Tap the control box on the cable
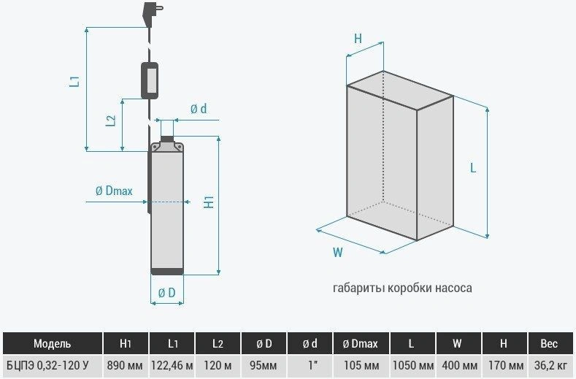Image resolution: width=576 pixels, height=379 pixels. (150, 81)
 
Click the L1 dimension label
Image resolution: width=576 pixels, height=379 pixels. (75, 81)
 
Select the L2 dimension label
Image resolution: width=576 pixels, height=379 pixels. (111, 120)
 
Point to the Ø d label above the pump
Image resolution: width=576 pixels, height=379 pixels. (199, 109)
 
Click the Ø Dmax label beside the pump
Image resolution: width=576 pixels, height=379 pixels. (114, 191)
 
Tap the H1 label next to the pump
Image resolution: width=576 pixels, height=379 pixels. (209, 202)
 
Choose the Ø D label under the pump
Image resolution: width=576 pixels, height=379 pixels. (166, 293)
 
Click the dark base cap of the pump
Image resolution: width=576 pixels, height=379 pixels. (167, 272)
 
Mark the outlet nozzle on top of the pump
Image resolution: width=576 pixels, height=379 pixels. (167, 139)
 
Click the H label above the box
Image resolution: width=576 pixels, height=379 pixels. (358, 38)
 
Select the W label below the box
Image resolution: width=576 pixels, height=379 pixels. (337, 253)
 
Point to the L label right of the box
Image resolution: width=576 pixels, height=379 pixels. (473, 168)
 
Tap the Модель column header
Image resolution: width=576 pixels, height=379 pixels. (52, 344)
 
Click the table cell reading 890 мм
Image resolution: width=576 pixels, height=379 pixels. (125, 366)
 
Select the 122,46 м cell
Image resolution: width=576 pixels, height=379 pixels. (172, 366)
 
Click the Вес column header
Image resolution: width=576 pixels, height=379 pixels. (549, 344)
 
